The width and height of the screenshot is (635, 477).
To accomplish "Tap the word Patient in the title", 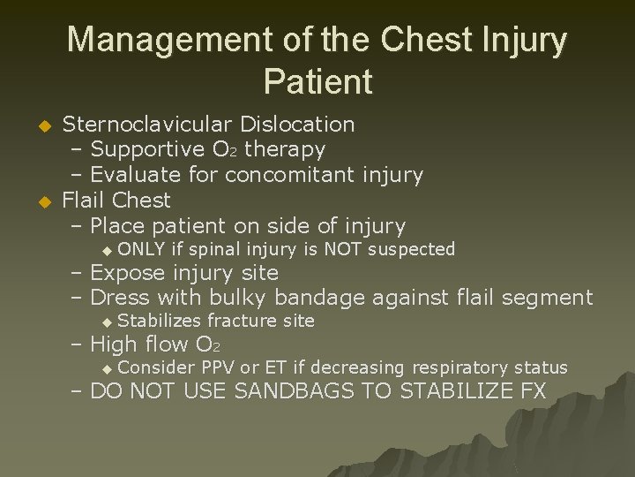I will point(317,82).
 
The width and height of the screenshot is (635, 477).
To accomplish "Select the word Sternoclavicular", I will point(139,125).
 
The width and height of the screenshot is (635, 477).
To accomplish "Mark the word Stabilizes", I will point(158,321).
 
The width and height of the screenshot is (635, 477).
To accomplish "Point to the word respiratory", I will point(473,367).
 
